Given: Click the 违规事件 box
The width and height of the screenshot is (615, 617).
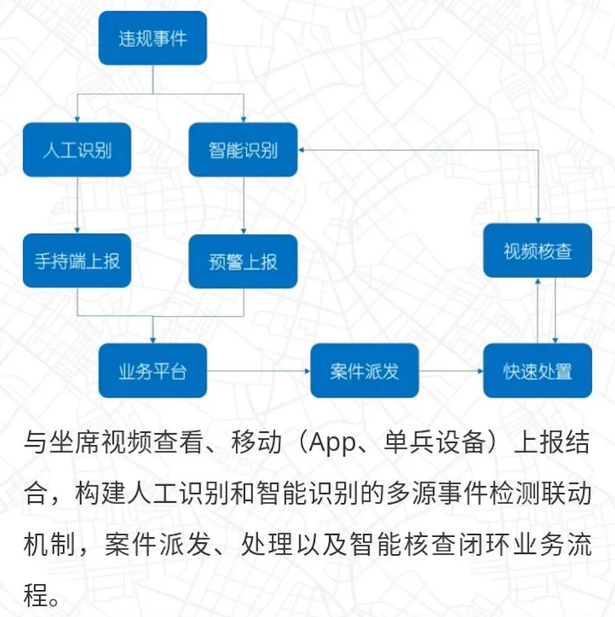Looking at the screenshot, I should tap(153, 38).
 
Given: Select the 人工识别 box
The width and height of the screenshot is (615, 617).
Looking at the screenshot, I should tap(77, 150).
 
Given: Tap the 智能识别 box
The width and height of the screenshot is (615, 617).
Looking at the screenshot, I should tap(243, 150).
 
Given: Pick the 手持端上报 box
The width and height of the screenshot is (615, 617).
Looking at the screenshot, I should tap(77, 261).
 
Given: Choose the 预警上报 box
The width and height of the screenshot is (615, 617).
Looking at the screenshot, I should tap(243, 261).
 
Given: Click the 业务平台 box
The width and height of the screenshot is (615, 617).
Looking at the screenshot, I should tap(153, 371).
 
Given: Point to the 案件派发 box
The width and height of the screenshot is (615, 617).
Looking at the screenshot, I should tap(364, 371).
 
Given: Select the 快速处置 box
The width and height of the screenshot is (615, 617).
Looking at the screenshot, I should tap(538, 371).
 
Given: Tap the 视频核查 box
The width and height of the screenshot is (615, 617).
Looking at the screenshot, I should tap(538, 251).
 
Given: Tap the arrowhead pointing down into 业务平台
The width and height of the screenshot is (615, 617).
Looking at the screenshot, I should tap(153, 340).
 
